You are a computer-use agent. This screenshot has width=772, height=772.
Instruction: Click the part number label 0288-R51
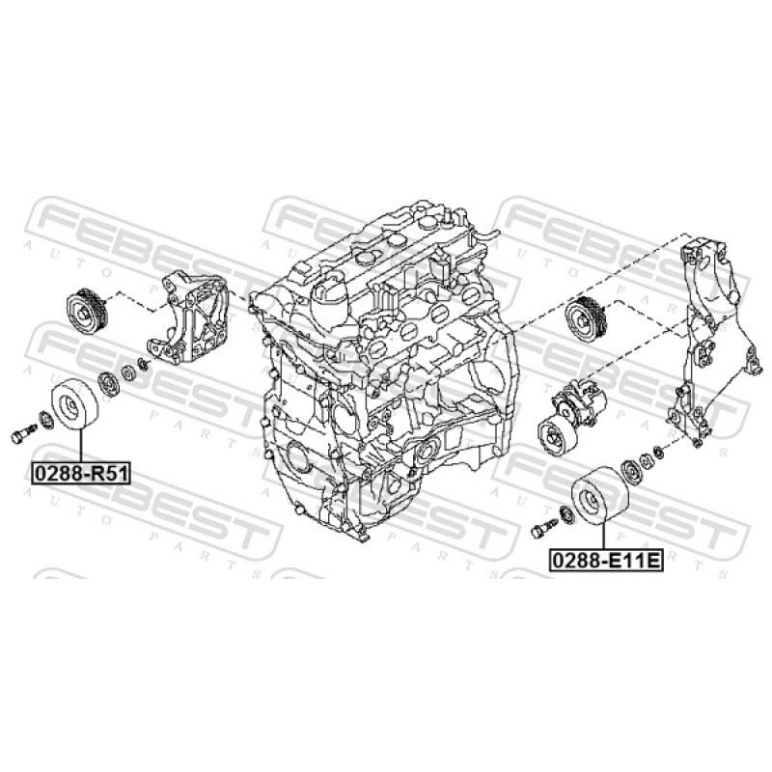81,473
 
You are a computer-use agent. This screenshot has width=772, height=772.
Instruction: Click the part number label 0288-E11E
607,561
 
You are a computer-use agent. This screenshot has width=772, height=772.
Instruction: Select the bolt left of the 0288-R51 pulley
23,432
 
